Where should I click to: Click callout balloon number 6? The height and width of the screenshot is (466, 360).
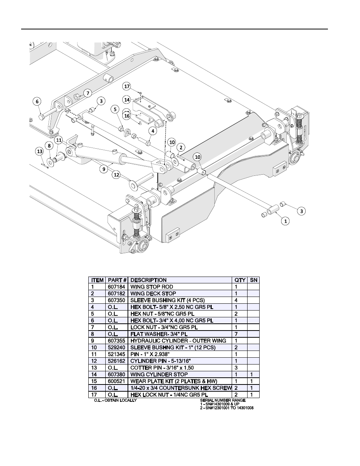point(37,101)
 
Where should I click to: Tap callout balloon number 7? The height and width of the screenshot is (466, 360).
point(87,93)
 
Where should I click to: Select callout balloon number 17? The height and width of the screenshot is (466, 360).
point(127,86)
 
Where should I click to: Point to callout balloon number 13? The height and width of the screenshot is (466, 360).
point(39,151)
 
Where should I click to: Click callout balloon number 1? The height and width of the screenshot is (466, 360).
point(286,221)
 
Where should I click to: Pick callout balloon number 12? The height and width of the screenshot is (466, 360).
point(116,175)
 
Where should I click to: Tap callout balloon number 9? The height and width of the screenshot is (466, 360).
point(104,169)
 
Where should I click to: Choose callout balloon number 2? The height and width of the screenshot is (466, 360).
point(181,147)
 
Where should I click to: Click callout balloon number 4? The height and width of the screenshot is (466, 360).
point(152,131)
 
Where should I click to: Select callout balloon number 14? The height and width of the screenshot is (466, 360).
point(127,100)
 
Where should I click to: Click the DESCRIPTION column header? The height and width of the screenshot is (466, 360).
point(148,280)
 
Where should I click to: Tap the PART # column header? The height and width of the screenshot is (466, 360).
point(117,280)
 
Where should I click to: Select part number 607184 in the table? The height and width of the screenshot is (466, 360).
point(116,287)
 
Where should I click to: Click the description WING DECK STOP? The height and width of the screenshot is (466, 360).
point(153,294)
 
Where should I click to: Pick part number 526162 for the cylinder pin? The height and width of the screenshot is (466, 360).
point(116,361)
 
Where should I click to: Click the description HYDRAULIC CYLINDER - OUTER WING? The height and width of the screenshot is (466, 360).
point(178,341)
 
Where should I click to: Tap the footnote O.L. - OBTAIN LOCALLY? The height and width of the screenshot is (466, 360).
point(115,400)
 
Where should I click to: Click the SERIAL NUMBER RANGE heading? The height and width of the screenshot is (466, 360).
point(223,400)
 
